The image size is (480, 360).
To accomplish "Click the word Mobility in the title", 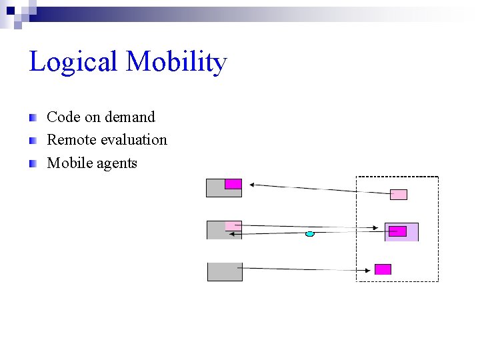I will click(176, 63).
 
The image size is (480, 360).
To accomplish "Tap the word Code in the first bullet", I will click(63, 117).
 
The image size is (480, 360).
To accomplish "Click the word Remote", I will click(71, 140).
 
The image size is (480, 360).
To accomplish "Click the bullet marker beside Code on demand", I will click(32, 118).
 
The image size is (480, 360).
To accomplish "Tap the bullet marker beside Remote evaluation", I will click(32, 141).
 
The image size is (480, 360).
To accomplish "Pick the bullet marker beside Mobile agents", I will click(32, 163).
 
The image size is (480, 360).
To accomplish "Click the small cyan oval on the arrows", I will click(309, 234).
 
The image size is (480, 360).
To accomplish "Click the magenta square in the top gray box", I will click(233, 184).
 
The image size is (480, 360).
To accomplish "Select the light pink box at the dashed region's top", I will click(398, 195).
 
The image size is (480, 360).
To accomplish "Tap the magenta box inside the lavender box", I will click(397, 231).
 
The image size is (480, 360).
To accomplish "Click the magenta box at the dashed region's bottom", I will click(383, 269).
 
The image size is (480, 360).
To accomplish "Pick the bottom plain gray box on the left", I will click(225, 272).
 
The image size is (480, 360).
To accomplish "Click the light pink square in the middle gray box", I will click(233, 226).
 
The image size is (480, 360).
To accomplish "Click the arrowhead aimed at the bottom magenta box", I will click(369, 270).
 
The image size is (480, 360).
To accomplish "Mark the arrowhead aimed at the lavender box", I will click(381, 228).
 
